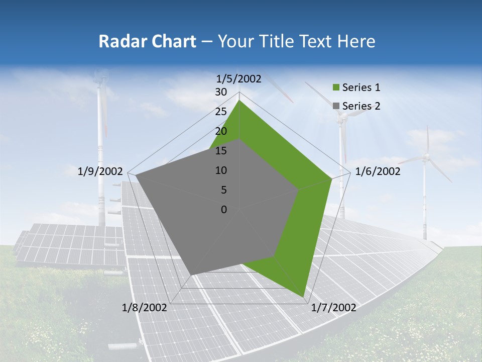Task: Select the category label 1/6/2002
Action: coord(378,171)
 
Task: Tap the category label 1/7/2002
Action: coord(333,308)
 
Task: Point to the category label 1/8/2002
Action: coord(145,308)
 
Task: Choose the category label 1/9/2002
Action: coord(100,171)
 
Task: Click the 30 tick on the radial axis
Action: coord(221,92)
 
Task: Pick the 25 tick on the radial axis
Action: coord(221,112)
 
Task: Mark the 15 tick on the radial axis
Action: coord(221,151)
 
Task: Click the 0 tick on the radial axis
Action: coord(224,210)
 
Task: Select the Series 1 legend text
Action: coord(361,87)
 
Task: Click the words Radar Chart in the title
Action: coord(147,42)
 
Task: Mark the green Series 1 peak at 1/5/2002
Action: coord(239,101)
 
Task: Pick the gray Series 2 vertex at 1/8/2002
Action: coord(191,275)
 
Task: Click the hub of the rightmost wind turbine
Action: coord(426,157)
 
